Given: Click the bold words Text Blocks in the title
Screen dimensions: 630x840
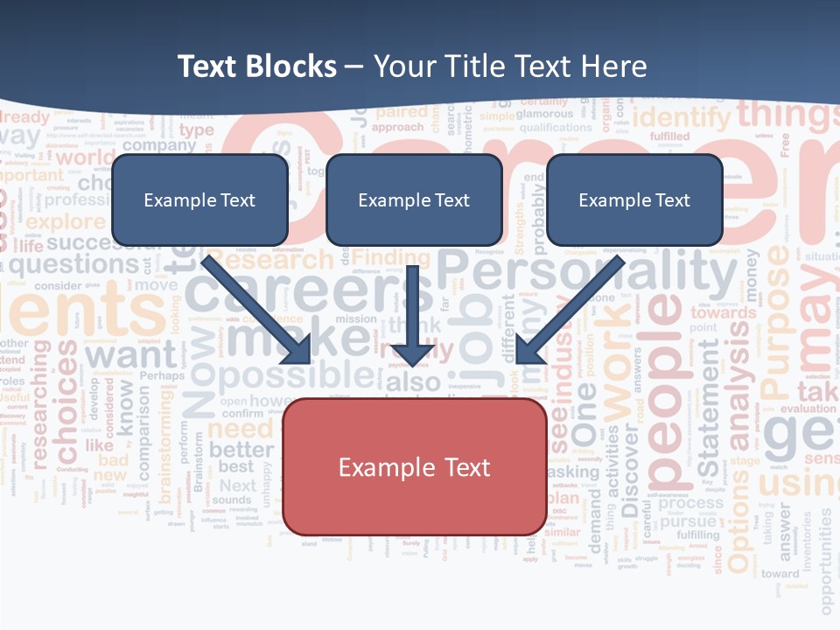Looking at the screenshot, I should click(x=256, y=66).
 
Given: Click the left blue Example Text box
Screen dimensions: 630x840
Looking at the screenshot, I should click(x=199, y=199).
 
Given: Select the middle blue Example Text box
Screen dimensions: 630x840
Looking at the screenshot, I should click(x=414, y=199).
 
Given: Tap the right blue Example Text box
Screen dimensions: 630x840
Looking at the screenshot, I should click(x=634, y=199).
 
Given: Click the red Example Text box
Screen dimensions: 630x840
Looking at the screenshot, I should click(x=414, y=467).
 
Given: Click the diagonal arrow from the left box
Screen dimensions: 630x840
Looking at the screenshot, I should click(x=257, y=310).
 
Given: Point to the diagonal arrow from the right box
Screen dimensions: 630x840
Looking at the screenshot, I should click(x=569, y=310).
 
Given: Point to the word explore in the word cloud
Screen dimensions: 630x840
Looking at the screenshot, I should click(x=66, y=221).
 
